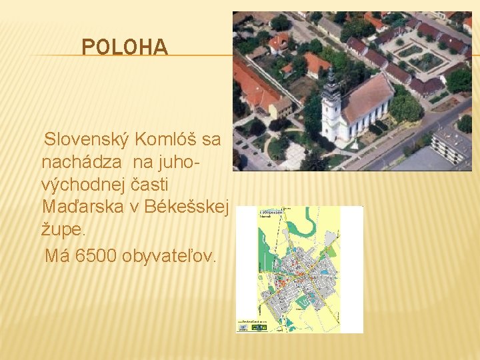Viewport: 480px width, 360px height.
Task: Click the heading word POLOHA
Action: tap(124, 47)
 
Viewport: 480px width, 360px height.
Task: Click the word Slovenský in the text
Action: tap(85, 140)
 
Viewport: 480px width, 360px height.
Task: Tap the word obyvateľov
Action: tap(169, 255)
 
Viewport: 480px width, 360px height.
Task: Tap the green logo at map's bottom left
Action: tap(245, 327)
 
